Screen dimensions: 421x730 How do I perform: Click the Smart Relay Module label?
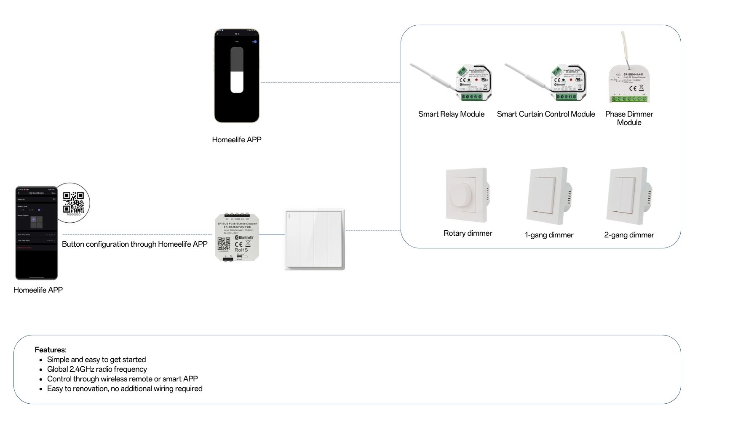(451, 114)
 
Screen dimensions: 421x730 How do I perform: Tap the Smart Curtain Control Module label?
(545, 114)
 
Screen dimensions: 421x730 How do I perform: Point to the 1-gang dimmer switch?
(548, 196)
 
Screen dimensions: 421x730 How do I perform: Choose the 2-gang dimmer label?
(629, 235)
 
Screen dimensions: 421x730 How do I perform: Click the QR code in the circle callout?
(73, 203)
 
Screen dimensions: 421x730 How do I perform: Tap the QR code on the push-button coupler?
(224, 243)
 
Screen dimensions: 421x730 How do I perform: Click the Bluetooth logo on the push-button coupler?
(244, 238)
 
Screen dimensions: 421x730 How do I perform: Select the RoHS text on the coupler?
(241, 250)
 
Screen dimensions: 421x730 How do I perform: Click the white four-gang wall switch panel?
(315, 239)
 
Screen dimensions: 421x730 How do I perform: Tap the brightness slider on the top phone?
(237, 70)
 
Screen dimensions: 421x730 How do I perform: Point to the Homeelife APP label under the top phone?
(236, 140)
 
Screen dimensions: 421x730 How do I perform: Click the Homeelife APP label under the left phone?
(38, 290)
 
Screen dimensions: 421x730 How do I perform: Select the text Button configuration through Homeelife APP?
(134, 244)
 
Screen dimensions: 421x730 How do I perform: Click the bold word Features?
(50, 350)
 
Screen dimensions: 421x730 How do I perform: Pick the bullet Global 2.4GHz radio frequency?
(97, 369)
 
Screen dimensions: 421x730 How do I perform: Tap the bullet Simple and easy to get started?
(96, 360)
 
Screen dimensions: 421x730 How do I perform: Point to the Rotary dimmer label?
(468, 233)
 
